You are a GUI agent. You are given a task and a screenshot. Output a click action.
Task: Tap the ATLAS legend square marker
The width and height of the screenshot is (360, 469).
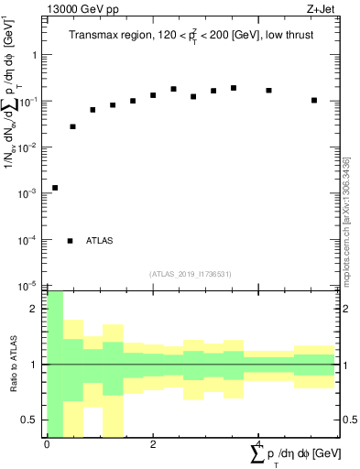tap(71, 241)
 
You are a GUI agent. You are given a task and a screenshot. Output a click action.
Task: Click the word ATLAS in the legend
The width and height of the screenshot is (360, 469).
tap(100, 241)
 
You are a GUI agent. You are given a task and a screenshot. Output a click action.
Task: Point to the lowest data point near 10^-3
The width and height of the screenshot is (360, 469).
tap(55, 188)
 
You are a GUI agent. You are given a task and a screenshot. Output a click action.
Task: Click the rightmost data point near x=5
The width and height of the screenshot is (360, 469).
tap(314, 100)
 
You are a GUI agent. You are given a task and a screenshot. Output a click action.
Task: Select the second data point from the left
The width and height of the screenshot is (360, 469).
tap(73, 126)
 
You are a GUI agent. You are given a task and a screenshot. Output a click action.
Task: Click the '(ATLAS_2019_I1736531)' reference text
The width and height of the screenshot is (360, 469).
tap(191, 274)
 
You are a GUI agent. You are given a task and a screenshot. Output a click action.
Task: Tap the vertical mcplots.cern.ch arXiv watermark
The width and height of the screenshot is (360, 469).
tap(346, 220)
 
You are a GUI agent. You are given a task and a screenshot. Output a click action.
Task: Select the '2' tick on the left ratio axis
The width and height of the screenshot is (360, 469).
tap(36, 309)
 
